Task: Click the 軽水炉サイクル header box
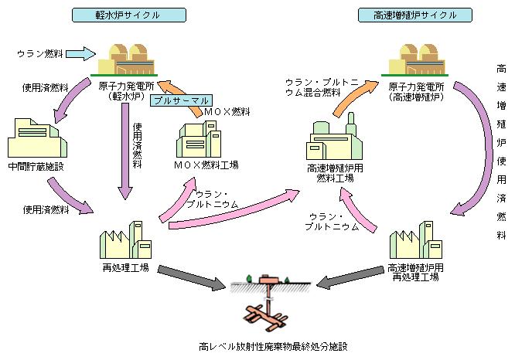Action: [128, 15]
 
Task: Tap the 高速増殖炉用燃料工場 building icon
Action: [330, 140]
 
